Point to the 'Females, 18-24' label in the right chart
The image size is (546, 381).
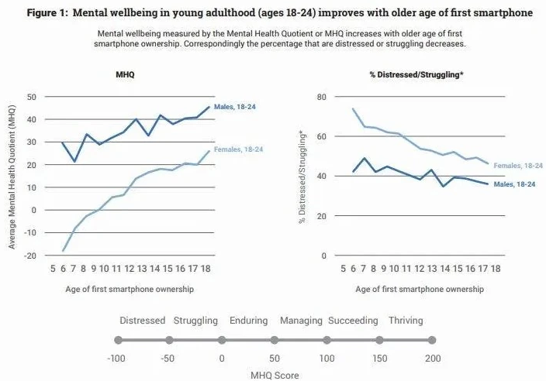[518, 165]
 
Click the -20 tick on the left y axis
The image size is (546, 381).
[30, 256]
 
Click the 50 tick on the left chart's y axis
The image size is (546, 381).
[32, 97]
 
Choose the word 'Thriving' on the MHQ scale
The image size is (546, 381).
[406, 321]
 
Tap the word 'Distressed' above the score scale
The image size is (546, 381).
[143, 321]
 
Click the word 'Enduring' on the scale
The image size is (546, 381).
[248, 321]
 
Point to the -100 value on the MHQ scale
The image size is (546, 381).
[117, 359]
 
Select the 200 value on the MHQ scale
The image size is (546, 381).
[432, 359]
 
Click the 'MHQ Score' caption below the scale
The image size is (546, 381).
[274, 375]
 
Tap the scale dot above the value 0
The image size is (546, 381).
[222, 340]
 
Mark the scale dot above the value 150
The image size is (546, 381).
[379, 340]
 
